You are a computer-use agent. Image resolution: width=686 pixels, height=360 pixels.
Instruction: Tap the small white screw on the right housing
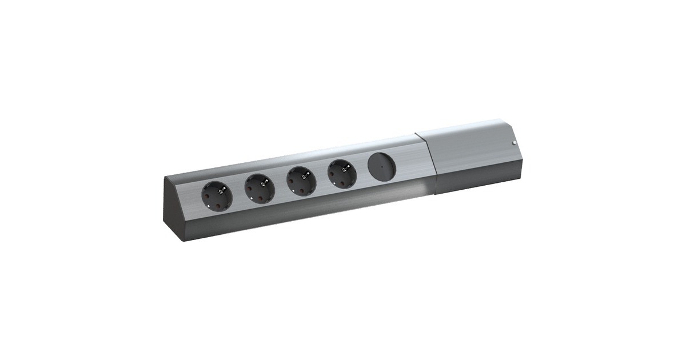tap(514, 143)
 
